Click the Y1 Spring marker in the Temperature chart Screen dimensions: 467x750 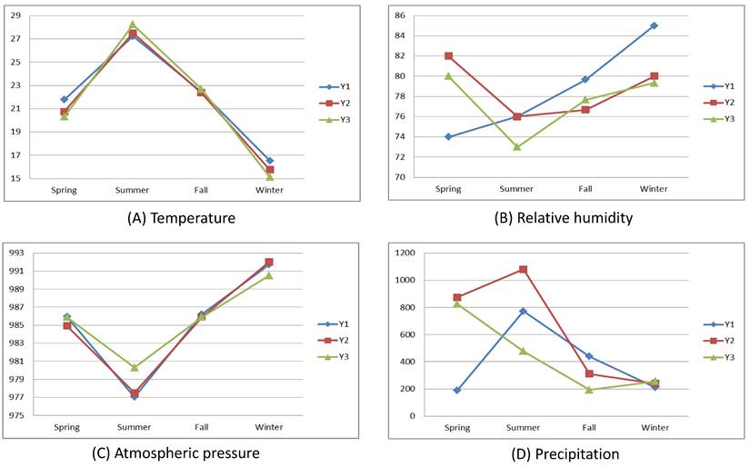tap(65, 99)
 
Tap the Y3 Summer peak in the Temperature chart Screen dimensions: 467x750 tap(133, 25)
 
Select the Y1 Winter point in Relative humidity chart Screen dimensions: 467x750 tap(654, 25)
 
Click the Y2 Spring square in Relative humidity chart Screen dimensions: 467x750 tap(448, 55)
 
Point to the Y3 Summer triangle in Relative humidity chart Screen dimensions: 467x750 tap(516, 146)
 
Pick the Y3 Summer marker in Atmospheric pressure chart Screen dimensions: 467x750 tap(135, 367)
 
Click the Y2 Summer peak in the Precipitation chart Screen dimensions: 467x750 tap(523, 269)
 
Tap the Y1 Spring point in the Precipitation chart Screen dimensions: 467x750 tap(456, 390)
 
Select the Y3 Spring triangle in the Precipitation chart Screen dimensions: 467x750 tap(456, 303)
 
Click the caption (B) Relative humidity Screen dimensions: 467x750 tap(562, 218)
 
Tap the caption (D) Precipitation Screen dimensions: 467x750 tap(562, 452)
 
